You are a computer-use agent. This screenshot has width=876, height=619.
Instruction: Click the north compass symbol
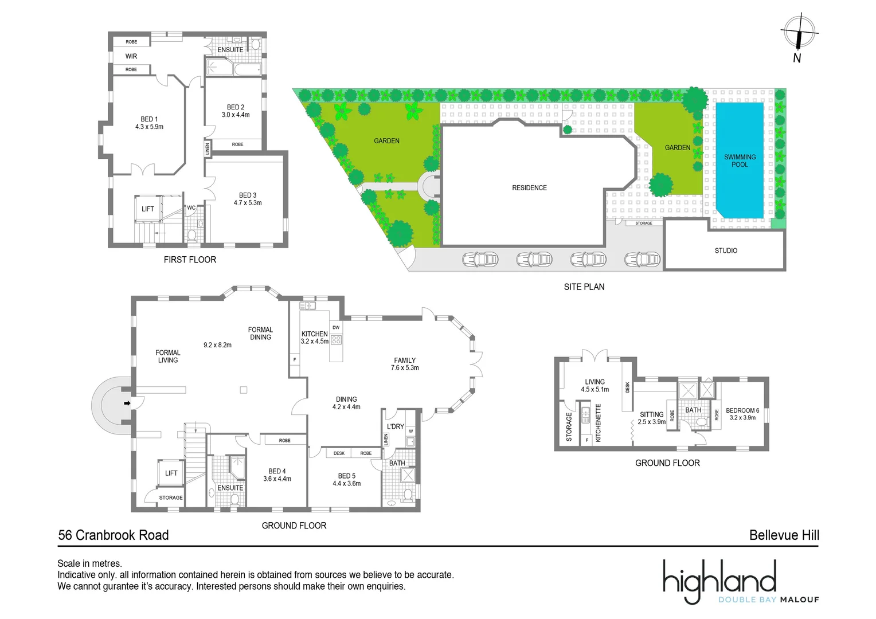pyautogui.click(x=798, y=33)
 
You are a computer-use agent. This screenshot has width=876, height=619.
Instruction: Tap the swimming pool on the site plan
pyautogui.click(x=740, y=160)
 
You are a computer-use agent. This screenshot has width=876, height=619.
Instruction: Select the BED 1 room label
pyautogui.click(x=149, y=123)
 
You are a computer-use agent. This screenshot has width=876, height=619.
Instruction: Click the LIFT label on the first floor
pyautogui.click(x=148, y=209)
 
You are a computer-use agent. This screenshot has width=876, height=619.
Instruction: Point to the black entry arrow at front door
pyautogui.click(x=127, y=403)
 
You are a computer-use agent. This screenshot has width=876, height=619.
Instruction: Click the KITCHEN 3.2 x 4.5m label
pyautogui.click(x=315, y=338)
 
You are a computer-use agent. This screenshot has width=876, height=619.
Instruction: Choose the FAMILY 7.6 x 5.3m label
pyautogui.click(x=405, y=364)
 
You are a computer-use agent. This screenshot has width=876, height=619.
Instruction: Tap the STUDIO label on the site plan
pyautogui.click(x=726, y=250)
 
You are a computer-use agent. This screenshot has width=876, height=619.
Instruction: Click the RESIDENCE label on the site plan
pyautogui.click(x=529, y=188)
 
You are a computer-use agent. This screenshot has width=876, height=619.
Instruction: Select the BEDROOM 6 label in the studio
pyautogui.click(x=742, y=414)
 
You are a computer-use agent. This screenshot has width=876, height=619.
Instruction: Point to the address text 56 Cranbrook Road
pyautogui.click(x=114, y=535)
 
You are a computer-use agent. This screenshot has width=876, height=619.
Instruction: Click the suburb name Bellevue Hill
pyautogui.click(x=784, y=535)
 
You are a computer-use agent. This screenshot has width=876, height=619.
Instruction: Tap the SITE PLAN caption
pyautogui.click(x=584, y=287)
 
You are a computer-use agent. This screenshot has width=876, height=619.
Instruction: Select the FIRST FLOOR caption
pyautogui.click(x=190, y=260)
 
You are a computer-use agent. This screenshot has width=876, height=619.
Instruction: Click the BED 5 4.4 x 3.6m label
pyautogui.click(x=347, y=480)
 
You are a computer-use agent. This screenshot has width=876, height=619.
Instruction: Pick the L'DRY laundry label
pyautogui.click(x=396, y=426)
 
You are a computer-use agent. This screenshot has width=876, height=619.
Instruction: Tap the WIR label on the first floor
pyautogui.click(x=131, y=56)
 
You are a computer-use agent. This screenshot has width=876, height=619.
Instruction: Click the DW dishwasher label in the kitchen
pyautogui.click(x=336, y=328)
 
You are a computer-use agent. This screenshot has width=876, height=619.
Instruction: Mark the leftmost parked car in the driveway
pyautogui.click(x=480, y=260)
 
